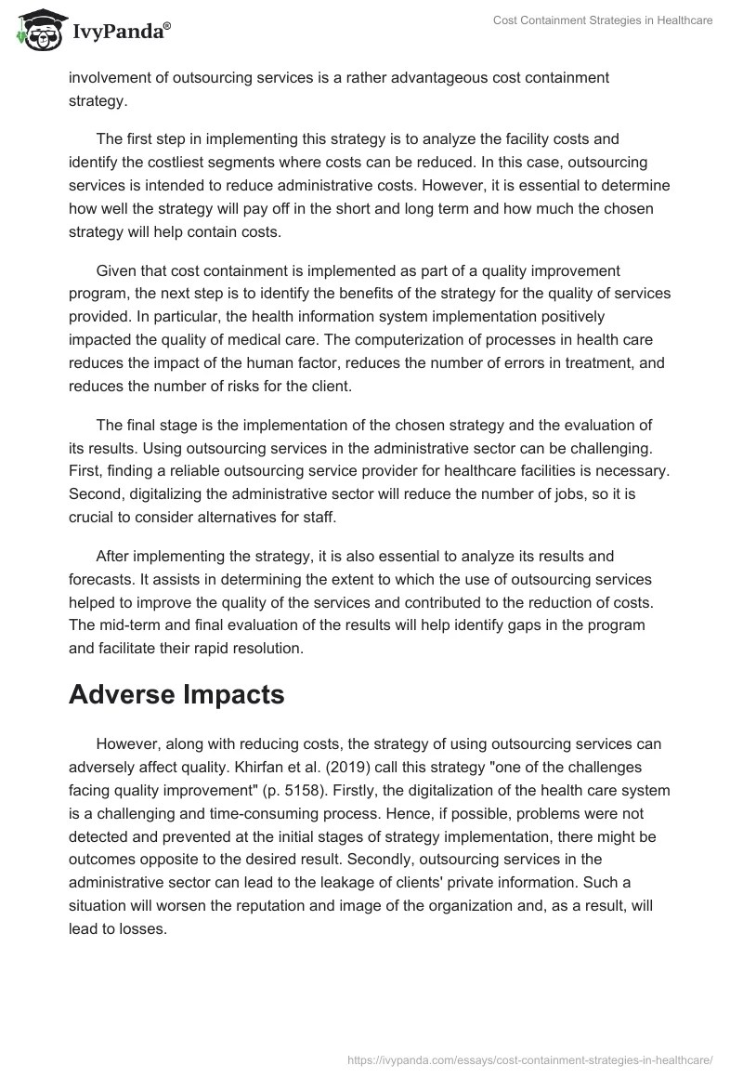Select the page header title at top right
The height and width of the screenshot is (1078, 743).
pos(602,20)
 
